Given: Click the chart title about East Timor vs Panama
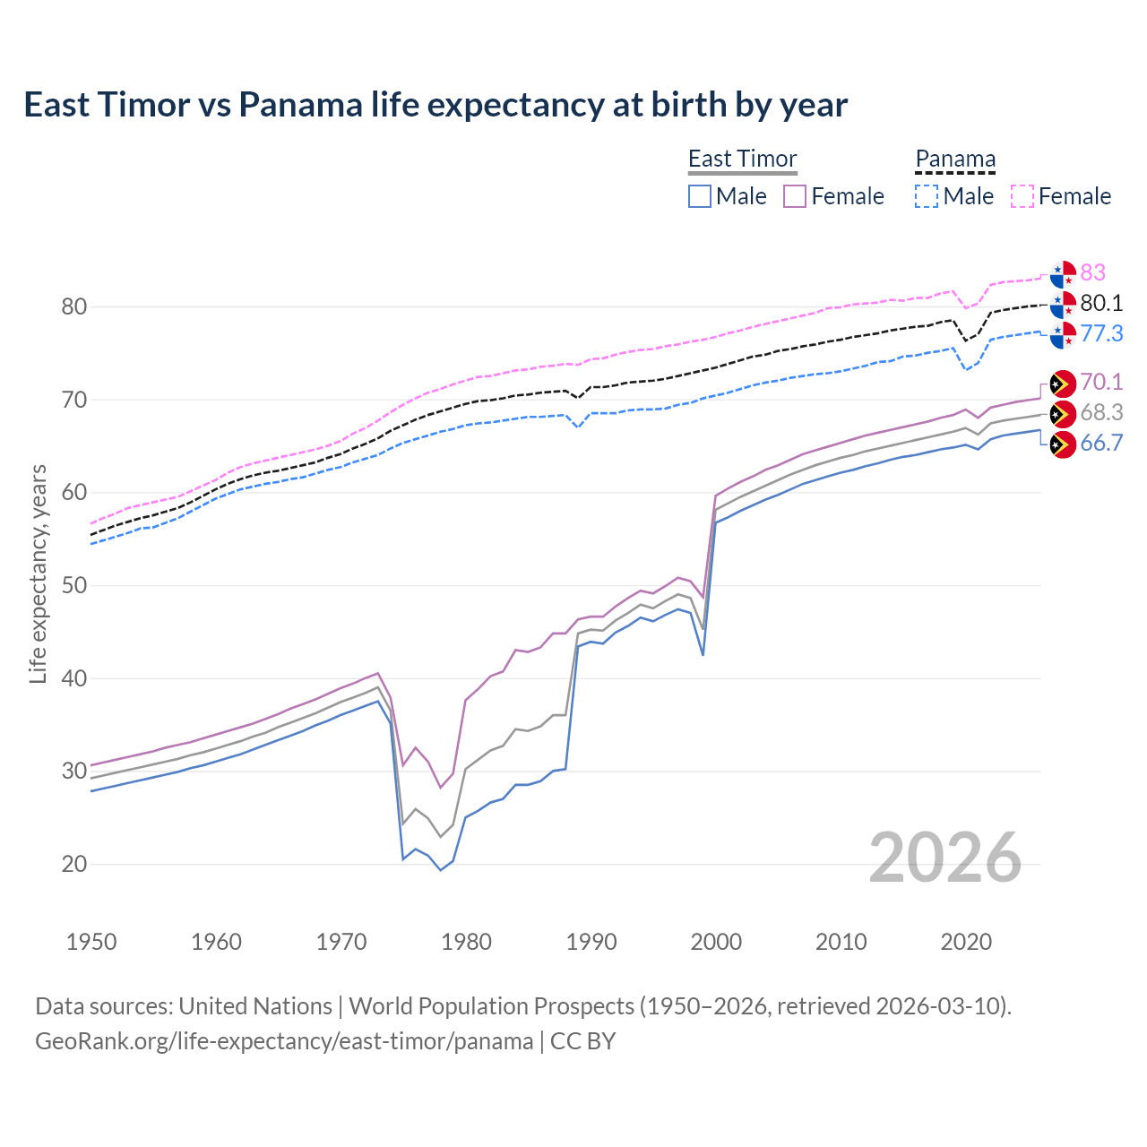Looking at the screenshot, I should pos(436,105).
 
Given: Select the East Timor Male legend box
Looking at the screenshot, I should pos(700,196).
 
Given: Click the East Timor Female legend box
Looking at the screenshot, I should pos(795,196).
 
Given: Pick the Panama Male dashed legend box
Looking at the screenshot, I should pos(927,196).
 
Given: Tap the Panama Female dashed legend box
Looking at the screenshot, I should pos(1022,196).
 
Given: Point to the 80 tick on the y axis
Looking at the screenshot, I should pos(74,306).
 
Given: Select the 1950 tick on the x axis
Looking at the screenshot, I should pos(91,942).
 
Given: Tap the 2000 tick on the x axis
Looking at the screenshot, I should pos(716,942).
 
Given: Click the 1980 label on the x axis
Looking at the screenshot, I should pos(466,942).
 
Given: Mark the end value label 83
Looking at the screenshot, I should pos(1092,272).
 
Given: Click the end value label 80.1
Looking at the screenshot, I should pos(1101,303).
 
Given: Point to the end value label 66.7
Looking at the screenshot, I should pos(1101,443).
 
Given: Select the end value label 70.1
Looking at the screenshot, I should pos(1101,382).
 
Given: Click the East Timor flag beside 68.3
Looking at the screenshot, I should pos(1063,414).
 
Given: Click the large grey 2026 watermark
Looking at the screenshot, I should pos(944,858).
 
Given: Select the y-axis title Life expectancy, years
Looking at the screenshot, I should pos(38,573).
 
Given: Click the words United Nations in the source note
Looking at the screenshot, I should pos(255,1006).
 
